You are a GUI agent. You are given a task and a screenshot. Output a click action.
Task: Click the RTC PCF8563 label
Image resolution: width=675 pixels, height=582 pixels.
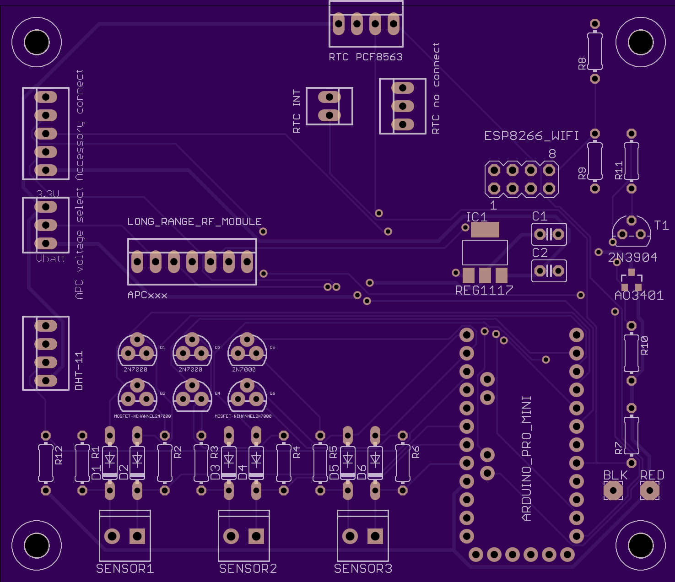pos(366,57)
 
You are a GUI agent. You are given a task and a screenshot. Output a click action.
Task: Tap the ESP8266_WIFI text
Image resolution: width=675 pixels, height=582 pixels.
pos(531,136)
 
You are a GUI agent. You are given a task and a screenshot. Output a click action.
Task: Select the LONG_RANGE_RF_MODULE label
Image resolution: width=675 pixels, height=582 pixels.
pos(194,222)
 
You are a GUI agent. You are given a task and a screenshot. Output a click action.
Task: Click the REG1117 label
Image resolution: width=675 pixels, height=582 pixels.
pos(484,290)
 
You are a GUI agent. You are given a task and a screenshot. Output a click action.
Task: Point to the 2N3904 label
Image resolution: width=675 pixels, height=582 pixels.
pos(633,258)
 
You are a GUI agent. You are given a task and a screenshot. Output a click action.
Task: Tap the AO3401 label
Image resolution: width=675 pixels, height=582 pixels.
pos(639,296)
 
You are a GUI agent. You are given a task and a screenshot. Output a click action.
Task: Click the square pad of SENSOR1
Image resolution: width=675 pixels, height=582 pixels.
pos(137,536)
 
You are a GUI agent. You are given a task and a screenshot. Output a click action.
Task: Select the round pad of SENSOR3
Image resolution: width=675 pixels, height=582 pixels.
pos(350,536)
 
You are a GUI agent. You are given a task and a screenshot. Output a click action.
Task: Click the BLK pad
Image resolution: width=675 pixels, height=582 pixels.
pos(613,491)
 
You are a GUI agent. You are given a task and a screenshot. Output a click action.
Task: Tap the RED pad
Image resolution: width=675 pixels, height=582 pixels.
pos(650,491)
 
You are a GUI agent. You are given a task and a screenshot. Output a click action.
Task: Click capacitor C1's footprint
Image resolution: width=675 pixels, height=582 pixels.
pos(549,235)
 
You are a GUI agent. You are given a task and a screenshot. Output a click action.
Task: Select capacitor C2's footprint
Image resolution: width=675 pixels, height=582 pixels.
pos(549,271)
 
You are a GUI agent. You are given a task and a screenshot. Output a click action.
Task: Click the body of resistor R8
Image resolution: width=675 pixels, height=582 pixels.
pos(595,51)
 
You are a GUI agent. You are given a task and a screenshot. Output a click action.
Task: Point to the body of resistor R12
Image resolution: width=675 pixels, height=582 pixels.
pos(46,463)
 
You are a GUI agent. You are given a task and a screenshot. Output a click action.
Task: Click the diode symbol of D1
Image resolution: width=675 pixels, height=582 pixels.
pos(110,459)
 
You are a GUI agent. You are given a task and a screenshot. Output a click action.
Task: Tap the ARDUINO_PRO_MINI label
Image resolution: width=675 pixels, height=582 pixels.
pos(527,458)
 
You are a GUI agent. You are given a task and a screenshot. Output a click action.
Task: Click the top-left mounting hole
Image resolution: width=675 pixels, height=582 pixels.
pos(37,42)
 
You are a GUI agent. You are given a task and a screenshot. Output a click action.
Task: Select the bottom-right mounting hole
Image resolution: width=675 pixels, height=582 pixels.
pos(641,545)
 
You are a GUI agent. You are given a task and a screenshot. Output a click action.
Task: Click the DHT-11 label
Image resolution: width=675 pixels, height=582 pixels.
pos(79,371)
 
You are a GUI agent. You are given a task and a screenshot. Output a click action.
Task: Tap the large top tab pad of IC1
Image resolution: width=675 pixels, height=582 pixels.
pos(485,230)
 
